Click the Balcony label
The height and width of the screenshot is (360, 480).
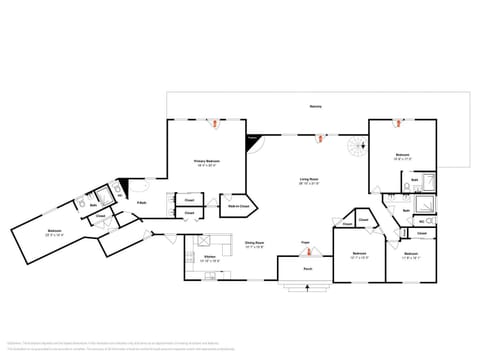[317, 105]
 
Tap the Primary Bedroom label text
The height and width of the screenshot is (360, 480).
[206, 162]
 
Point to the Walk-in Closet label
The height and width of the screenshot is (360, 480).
[236, 208]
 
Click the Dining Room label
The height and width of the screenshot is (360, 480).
[254, 243]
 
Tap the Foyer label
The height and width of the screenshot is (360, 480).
[305, 241]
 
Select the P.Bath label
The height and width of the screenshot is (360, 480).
[143, 203]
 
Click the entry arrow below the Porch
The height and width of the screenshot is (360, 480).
[305, 289]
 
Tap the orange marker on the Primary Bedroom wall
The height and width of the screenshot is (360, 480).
[213, 124]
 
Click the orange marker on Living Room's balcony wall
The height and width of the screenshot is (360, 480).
[319, 138]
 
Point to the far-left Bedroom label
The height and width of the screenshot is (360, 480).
[54, 231]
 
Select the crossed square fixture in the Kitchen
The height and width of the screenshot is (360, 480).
[200, 241]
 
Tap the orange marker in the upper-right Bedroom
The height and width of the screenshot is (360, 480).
[398, 123]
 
